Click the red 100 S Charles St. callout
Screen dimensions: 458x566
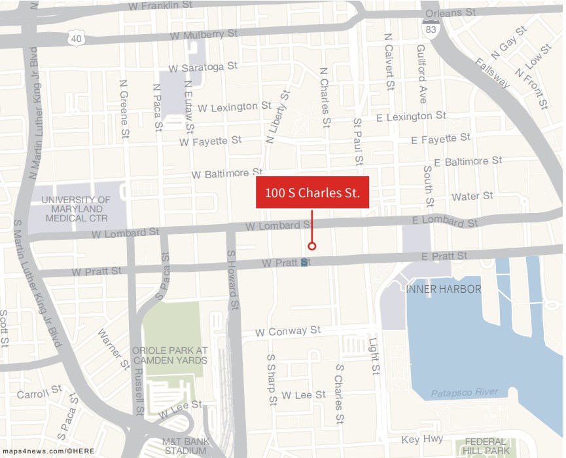pyautogui.click(x=312, y=193)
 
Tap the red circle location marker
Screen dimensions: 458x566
pyautogui.click(x=312, y=246)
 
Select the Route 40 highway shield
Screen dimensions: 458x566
pyautogui.click(x=75, y=39)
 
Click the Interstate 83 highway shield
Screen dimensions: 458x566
pyautogui.click(x=430, y=29)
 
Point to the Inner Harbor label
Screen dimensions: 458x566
pyautogui.click(x=444, y=289)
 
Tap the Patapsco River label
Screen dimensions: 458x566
pyautogui.click(x=465, y=393)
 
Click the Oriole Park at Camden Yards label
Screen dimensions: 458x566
pyautogui.click(x=169, y=355)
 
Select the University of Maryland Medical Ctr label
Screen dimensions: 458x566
pyautogui.click(x=77, y=208)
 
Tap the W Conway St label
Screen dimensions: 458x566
pyautogui.click(x=288, y=332)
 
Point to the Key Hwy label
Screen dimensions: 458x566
pyautogui.click(x=422, y=440)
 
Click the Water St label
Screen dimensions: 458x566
pyautogui.click(x=472, y=197)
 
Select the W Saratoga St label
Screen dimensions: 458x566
pyautogui.click(x=203, y=67)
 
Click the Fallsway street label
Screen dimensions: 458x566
pyautogui.click(x=493, y=73)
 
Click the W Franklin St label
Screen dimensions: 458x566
pyautogui.click(x=161, y=6)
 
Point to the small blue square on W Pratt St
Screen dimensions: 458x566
pyautogui.click(x=304, y=263)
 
